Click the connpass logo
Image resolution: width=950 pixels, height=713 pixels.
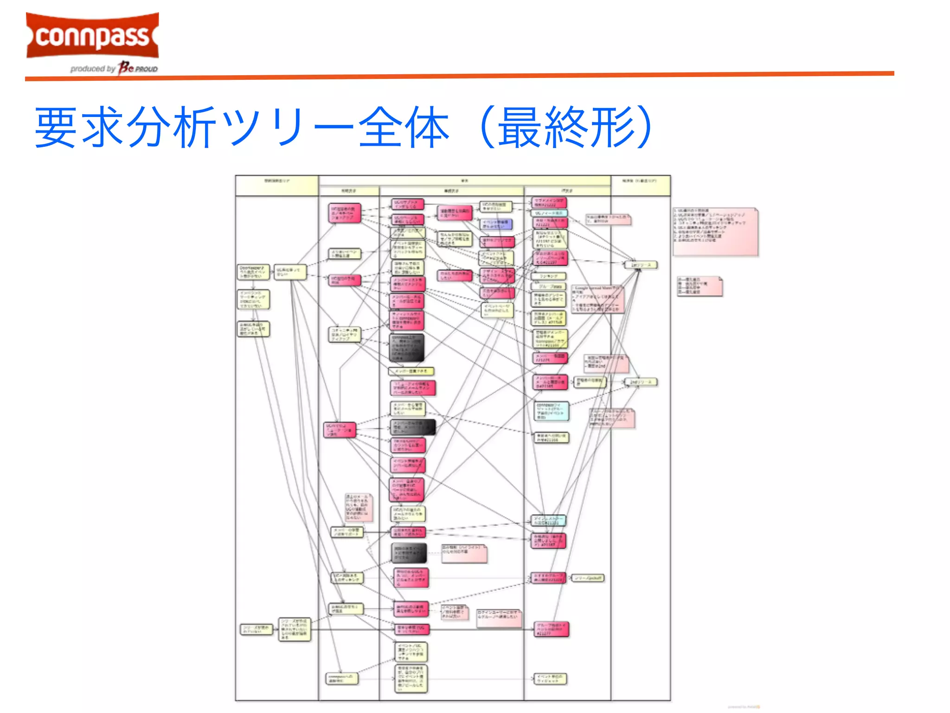(x=92, y=36)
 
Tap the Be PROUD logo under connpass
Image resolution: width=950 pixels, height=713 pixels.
(x=137, y=68)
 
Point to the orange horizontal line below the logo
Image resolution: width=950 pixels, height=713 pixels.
(x=459, y=76)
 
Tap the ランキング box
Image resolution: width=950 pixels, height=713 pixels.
(x=549, y=276)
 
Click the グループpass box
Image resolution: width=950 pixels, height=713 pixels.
(x=549, y=286)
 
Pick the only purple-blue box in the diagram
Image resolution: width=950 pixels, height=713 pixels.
(x=496, y=224)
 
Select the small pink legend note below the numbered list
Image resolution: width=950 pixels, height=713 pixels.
(x=699, y=286)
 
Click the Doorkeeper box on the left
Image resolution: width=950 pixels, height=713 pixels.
(x=253, y=272)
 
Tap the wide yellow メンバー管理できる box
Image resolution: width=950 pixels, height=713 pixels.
(x=411, y=371)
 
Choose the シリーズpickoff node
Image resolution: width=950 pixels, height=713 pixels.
(x=588, y=578)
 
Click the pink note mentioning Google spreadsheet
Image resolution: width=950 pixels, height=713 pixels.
(x=597, y=299)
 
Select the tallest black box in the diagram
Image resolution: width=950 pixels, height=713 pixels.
(x=406, y=348)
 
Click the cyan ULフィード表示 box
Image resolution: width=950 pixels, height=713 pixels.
(x=549, y=213)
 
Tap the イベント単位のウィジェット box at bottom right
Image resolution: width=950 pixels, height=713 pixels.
(x=550, y=679)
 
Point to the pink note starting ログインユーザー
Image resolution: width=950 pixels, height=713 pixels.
(x=499, y=618)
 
